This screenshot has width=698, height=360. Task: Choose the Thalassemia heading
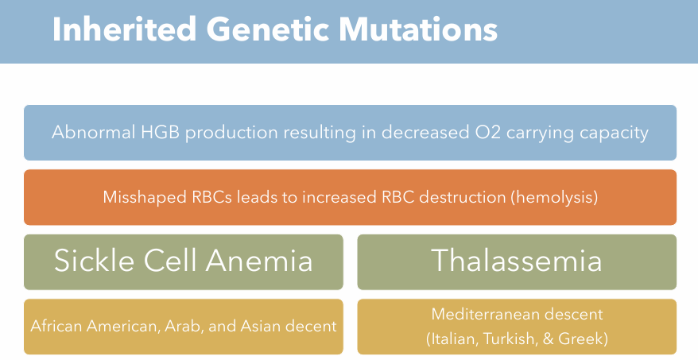click(x=517, y=261)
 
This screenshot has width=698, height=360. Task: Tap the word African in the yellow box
click(x=56, y=326)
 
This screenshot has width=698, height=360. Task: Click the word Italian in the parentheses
click(x=452, y=339)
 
